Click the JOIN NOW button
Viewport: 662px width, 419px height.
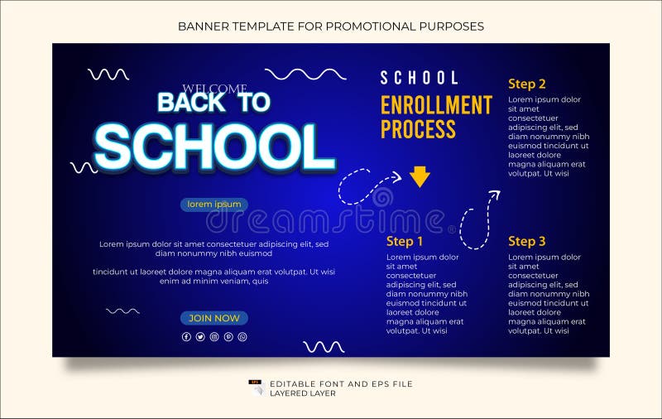tap(213, 318)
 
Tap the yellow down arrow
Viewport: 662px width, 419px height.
tap(420, 176)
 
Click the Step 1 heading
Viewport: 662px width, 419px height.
tap(405, 241)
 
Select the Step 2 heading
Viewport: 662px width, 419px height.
tap(526, 84)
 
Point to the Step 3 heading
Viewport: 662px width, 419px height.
tap(526, 241)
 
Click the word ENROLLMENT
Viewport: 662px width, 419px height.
tap(436, 105)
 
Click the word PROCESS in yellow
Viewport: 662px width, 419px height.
tap(418, 129)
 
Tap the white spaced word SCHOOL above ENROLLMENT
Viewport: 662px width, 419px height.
tap(419, 78)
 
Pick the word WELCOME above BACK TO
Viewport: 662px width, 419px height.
tap(214, 89)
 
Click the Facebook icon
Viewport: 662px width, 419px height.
tap(186, 337)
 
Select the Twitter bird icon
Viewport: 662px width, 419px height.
tap(200, 337)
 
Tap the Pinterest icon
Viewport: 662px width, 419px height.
tap(228, 337)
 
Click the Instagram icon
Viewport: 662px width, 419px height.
tap(214, 337)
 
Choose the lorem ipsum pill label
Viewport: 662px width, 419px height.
tap(213, 205)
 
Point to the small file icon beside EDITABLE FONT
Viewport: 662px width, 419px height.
tap(256, 386)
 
